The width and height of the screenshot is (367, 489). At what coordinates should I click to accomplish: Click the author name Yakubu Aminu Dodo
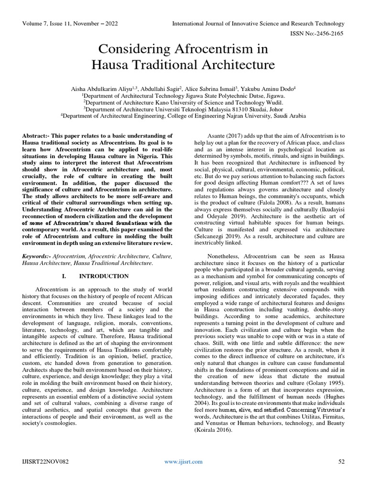coord(265,88)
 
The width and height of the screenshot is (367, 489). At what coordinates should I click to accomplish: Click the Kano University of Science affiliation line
coord(183,102)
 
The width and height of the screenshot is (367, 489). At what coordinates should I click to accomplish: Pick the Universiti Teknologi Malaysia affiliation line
coord(183,108)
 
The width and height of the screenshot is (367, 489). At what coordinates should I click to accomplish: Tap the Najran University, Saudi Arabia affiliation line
coord(183,115)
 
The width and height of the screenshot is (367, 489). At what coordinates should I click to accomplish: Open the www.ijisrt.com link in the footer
coord(183,461)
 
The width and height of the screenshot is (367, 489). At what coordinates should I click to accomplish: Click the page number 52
coord(341,461)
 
